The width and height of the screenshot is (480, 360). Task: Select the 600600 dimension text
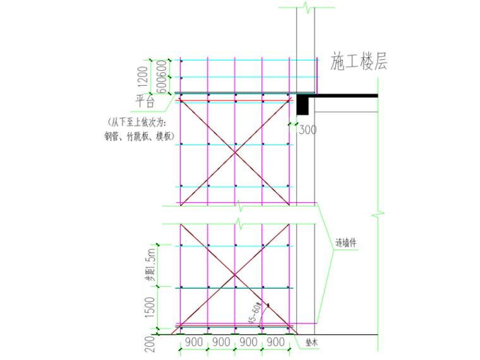(x=161, y=77)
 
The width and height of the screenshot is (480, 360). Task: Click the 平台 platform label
(x=146, y=101)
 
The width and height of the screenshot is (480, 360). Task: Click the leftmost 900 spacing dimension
(x=194, y=342)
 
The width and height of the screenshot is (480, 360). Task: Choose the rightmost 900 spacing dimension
(x=276, y=342)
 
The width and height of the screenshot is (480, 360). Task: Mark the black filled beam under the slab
(x=303, y=105)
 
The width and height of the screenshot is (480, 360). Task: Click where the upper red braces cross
(x=235, y=152)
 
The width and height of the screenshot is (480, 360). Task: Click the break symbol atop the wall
(x=306, y=8)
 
